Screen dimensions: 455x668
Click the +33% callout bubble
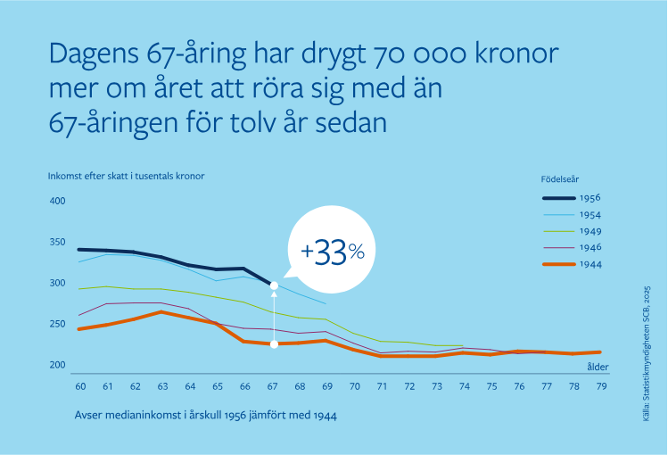point(333,252)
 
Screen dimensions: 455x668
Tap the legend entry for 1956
point(572,198)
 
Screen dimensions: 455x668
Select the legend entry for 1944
point(572,264)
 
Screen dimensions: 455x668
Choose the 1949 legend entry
point(572,231)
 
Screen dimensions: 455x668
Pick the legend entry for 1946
point(572,247)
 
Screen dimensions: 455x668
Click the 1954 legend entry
point(572,215)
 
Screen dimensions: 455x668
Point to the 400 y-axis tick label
point(58,202)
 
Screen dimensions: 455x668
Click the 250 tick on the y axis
point(58,325)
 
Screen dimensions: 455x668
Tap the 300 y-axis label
point(58,284)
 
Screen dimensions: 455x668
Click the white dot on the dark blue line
point(274,285)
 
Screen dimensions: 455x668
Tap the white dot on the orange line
point(274,344)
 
